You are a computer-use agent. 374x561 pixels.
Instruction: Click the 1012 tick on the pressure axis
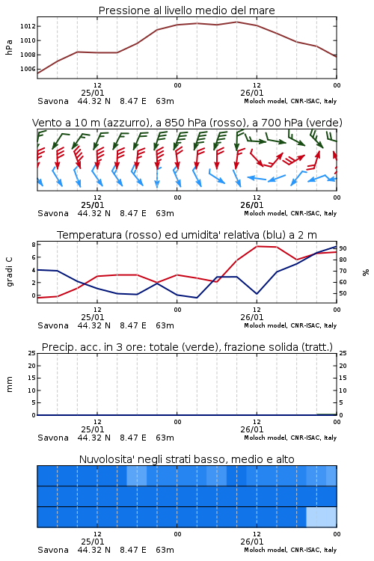coord(28,26)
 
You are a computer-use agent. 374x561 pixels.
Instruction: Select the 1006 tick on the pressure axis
coord(28,69)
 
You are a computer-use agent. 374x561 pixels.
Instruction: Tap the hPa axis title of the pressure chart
coord(9,47)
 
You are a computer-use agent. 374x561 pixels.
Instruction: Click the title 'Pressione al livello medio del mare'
coord(187,10)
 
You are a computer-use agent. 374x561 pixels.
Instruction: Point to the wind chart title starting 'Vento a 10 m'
coord(187,123)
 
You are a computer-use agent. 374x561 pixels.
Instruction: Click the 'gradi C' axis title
coord(9,272)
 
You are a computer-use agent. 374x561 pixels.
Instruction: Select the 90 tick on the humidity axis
coord(343,248)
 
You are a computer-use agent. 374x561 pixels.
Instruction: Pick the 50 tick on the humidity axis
coord(343,293)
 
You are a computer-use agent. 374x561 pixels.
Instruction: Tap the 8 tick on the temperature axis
coord(34,245)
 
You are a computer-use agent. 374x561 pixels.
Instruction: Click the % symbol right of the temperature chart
coord(366,272)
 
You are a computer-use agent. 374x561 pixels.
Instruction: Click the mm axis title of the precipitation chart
coord(9,384)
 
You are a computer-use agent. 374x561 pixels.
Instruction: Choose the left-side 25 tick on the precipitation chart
coord(32,353)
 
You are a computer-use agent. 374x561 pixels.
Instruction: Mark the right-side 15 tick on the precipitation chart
coord(343,378)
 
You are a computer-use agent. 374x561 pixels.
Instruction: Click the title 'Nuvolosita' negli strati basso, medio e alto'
coord(187,459)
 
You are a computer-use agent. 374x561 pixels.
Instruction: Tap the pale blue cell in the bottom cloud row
coord(322,517)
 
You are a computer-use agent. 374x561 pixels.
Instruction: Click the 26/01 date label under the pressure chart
coord(252,93)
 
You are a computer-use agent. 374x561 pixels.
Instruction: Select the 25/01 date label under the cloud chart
coord(93,542)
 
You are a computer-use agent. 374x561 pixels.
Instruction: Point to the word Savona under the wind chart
coord(53,213)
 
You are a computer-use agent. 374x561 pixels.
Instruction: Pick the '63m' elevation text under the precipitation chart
coord(165,438)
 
